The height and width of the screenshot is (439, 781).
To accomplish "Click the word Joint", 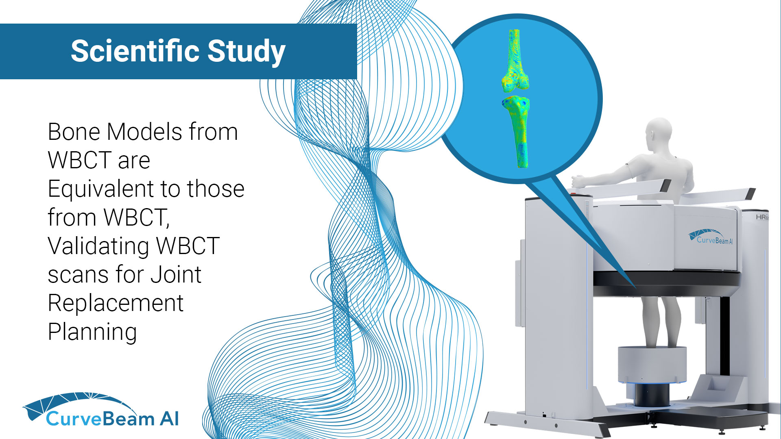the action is [176, 274].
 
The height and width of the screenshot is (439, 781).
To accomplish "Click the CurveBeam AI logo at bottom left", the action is [101, 410].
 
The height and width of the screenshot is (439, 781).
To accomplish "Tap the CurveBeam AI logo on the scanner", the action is [711, 237].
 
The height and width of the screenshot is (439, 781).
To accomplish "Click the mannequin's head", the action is [658, 134].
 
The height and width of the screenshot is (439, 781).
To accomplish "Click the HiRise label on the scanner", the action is [762, 217].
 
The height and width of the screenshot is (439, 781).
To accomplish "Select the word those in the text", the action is [216, 189].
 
